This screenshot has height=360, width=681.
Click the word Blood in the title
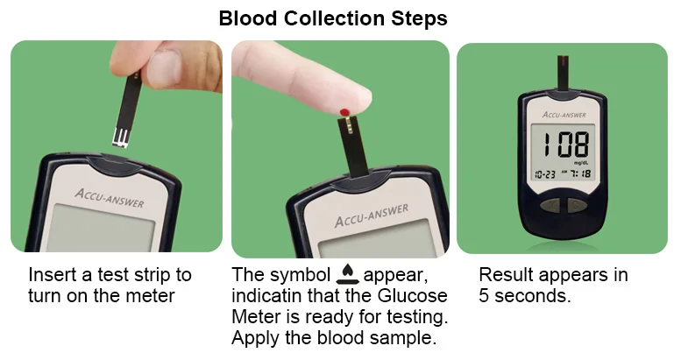point(247,18)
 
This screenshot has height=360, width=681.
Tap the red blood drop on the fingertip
point(344,112)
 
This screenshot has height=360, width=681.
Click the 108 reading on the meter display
point(567,145)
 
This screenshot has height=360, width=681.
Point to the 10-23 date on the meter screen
point(544,174)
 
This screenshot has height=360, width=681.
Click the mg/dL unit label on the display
point(581,163)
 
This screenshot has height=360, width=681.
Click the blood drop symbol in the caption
point(347,274)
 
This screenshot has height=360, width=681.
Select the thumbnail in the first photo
point(163,67)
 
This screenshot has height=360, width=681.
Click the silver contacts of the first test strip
point(120,137)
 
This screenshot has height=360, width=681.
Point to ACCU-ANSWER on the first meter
point(109,198)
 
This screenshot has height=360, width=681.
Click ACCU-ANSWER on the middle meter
point(372,215)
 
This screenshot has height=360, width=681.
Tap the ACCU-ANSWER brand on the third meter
point(564,115)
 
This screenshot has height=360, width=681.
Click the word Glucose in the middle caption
point(412,296)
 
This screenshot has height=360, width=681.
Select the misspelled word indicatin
point(266,296)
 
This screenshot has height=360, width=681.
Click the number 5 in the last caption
point(484,296)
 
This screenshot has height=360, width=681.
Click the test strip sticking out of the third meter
point(563,73)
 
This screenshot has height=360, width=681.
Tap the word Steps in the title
point(419,19)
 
